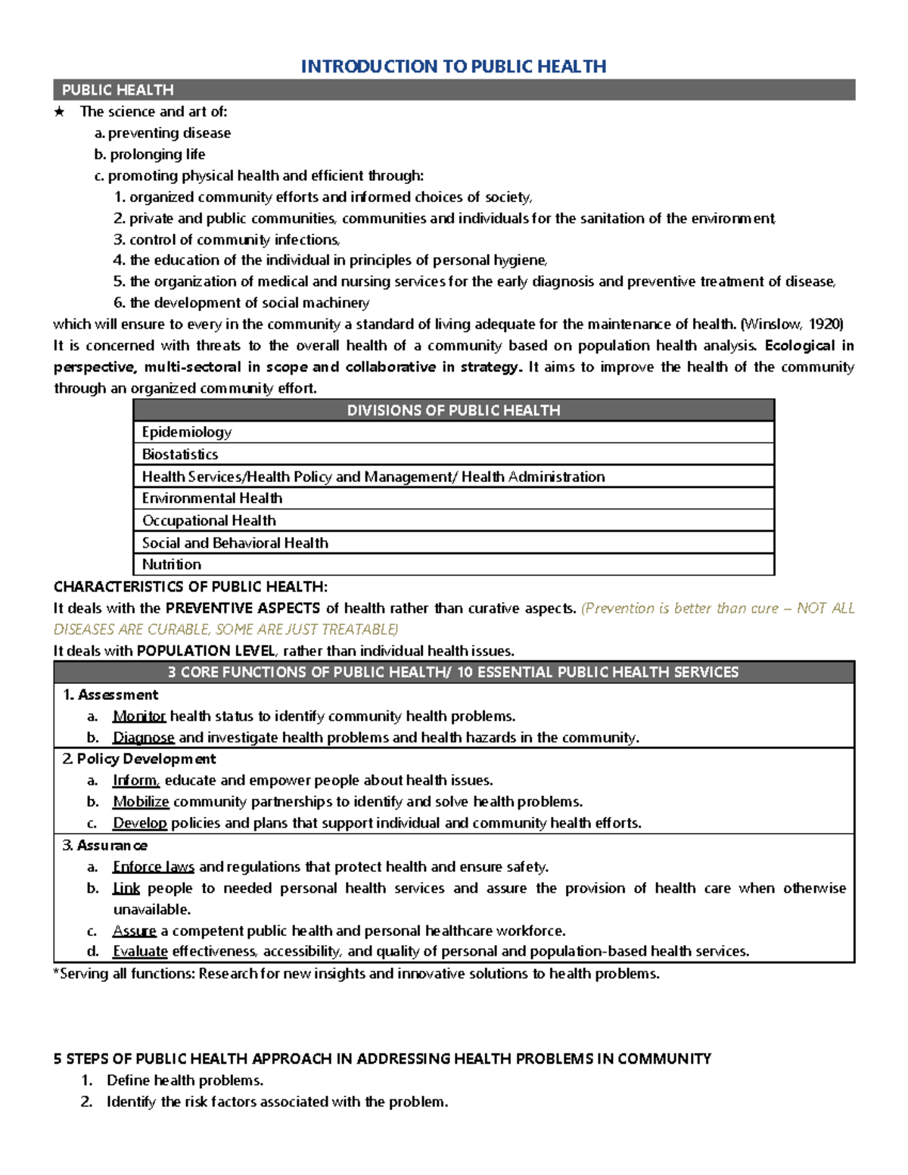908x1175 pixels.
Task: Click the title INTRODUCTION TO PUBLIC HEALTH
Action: point(453,67)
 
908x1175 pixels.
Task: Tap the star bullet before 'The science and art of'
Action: point(60,112)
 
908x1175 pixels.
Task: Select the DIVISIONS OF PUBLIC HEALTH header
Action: point(453,410)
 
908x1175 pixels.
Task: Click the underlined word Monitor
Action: point(138,717)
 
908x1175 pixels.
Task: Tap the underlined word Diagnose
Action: point(143,738)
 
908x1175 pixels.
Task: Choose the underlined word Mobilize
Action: point(141,802)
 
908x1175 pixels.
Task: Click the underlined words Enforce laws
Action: point(153,867)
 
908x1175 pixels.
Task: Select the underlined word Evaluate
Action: point(140,952)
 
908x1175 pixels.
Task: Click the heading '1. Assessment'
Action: point(110,695)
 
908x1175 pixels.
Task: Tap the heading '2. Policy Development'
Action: point(139,759)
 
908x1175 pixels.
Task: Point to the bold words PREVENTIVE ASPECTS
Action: point(243,608)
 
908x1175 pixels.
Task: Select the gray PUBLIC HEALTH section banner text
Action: point(117,90)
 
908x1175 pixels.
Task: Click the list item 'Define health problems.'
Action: point(185,1080)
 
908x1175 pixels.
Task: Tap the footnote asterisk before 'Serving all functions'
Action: point(56,972)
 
